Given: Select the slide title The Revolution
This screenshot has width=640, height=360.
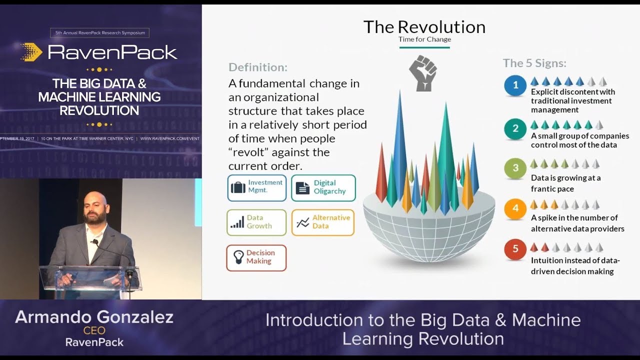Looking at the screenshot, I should (424, 27).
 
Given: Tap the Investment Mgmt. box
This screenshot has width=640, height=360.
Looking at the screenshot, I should (257, 187).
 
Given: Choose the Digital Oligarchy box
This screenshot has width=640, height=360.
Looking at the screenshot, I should (323, 187).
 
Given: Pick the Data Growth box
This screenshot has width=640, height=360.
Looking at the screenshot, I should (256, 222).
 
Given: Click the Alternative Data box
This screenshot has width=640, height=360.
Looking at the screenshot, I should (323, 222).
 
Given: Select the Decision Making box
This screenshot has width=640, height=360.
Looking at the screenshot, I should (256, 257).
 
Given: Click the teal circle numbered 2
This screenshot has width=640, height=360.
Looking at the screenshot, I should (515, 129).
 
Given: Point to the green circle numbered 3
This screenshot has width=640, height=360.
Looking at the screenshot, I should (515, 168).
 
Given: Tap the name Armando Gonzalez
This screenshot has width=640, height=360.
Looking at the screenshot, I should (94, 317).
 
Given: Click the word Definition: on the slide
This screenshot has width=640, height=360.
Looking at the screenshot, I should (258, 67).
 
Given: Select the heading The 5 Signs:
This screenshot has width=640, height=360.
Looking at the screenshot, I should (534, 63).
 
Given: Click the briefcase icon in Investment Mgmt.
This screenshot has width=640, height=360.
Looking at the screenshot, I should (238, 187).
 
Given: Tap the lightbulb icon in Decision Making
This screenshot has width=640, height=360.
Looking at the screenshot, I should (238, 257).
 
